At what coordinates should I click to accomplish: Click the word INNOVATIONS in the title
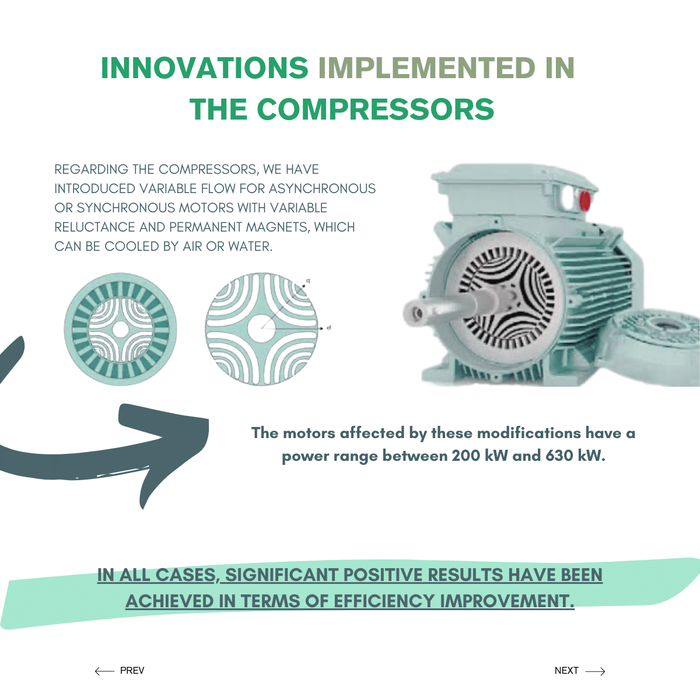[205, 68]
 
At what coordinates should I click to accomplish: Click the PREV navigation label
[132, 671]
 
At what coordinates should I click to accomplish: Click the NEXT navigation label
[566, 671]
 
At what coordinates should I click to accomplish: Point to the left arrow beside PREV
[104, 671]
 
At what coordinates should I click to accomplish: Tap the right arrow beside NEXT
[596, 671]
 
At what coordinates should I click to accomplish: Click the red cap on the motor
[584, 201]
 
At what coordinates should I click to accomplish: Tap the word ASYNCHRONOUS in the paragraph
[322, 188]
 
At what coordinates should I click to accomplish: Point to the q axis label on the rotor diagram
[308, 281]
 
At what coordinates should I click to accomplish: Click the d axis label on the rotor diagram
[329, 328]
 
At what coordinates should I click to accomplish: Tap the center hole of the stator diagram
[120, 330]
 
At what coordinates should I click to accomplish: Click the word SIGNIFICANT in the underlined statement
[282, 575]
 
